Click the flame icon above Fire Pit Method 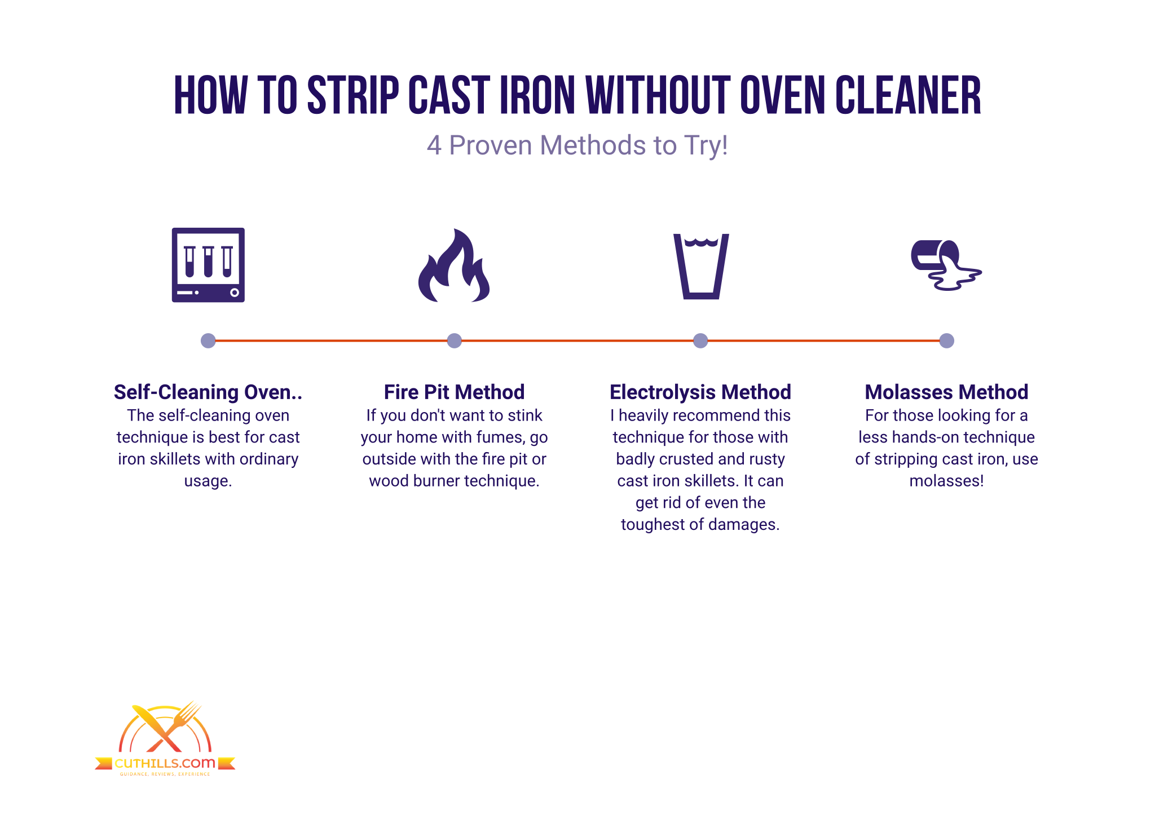(454, 266)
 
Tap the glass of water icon (701, 266)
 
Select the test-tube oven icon (208, 265)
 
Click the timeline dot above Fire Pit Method (454, 340)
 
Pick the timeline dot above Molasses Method (946, 340)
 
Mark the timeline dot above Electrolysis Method (700, 340)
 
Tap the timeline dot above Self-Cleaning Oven (208, 340)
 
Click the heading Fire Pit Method (454, 392)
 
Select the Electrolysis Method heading (700, 392)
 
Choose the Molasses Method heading (946, 392)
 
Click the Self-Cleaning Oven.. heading (208, 392)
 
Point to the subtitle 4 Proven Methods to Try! (577, 145)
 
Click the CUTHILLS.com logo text (165, 763)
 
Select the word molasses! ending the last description (946, 481)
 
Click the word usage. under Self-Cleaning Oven (208, 481)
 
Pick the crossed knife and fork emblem (165, 727)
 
